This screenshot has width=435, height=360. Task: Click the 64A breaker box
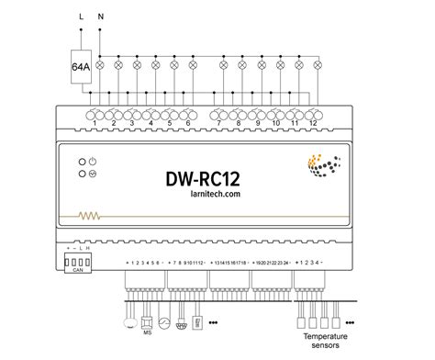click(81, 66)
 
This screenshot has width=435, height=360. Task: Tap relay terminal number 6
click(188, 123)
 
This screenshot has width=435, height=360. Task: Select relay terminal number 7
click(219, 123)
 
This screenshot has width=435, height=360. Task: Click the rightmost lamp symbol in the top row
click(318, 65)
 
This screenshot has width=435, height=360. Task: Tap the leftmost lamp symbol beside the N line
click(117, 65)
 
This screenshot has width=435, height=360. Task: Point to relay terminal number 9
click(257, 123)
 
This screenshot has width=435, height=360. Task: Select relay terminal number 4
click(151, 123)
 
